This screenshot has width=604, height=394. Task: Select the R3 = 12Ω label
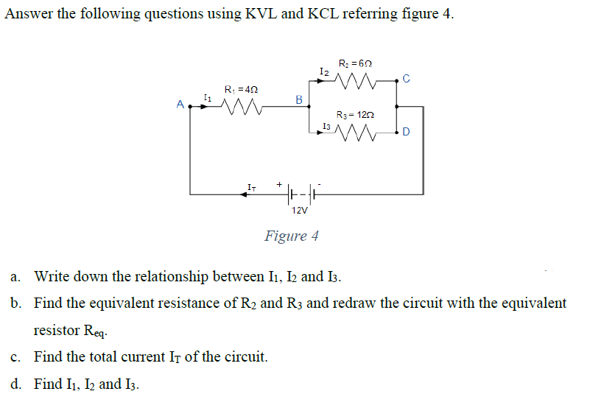click(x=357, y=116)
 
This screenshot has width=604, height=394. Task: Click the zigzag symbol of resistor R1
click(x=239, y=108)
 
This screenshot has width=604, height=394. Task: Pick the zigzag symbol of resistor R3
click(x=356, y=134)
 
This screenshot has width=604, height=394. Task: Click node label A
click(x=180, y=105)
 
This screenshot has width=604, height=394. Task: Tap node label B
click(x=298, y=98)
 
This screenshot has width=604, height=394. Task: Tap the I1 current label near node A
click(x=207, y=96)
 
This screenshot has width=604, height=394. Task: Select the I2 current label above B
click(x=324, y=71)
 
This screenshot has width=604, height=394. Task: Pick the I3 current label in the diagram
click(x=326, y=127)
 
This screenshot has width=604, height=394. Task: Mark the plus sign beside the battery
click(x=280, y=183)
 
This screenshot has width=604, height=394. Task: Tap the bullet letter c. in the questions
click(x=16, y=357)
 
